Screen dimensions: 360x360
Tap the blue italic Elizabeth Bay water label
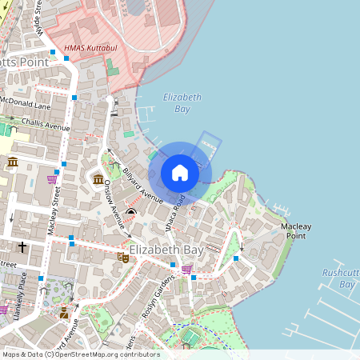pyautogui.click(x=182, y=102)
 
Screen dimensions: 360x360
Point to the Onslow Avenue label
pyautogui.click(x=112, y=204)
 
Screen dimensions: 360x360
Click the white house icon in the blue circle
pyautogui.click(x=180, y=172)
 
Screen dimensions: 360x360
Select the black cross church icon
pyautogui.click(x=22, y=247)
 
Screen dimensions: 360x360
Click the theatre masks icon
pyautogui.click(x=122, y=257)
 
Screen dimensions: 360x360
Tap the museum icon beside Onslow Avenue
pyautogui.click(x=98, y=178)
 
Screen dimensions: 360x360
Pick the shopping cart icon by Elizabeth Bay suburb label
pyautogui.click(x=186, y=270)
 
